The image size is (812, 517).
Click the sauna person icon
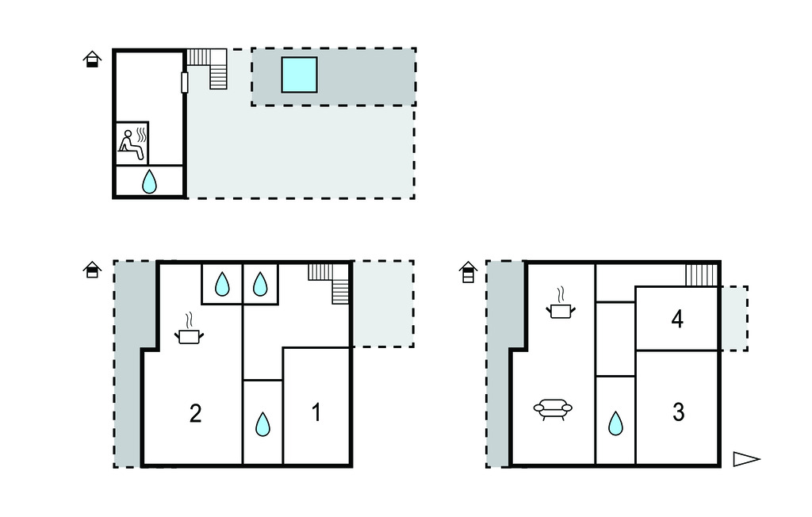[x=132, y=144]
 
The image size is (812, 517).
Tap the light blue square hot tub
[x=299, y=75]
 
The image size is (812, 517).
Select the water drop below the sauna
[x=149, y=182]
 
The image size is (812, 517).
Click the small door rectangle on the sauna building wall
[x=184, y=83]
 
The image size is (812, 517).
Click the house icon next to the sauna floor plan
[x=92, y=59]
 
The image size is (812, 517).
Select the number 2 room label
[x=195, y=413]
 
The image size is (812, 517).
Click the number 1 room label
[x=316, y=412]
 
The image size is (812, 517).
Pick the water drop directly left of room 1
[x=262, y=424]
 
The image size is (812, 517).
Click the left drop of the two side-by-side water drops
[x=222, y=284]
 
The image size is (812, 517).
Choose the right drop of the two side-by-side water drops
[x=260, y=284]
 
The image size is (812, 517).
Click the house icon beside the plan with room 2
[x=92, y=270]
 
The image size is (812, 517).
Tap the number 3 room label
[x=679, y=412]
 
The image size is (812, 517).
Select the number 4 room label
[x=677, y=319]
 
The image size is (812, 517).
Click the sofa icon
[x=553, y=408]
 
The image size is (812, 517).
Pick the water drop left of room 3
[x=615, y=423]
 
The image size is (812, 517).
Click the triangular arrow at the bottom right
[x=745, y=459]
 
